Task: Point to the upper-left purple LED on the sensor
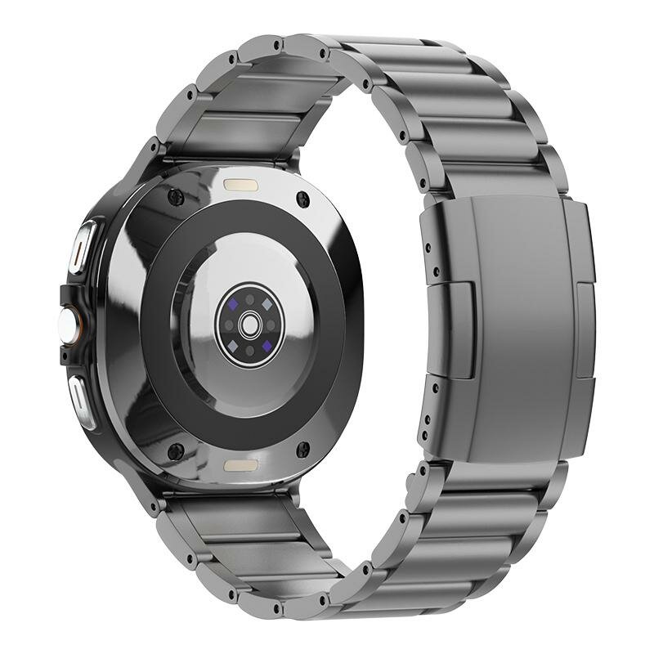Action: (x=232, y=302)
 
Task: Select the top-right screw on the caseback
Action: (x=303, y=196)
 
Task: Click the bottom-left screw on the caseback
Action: (x=174, y=448)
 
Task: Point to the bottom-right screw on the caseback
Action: (x=302, y=449)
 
